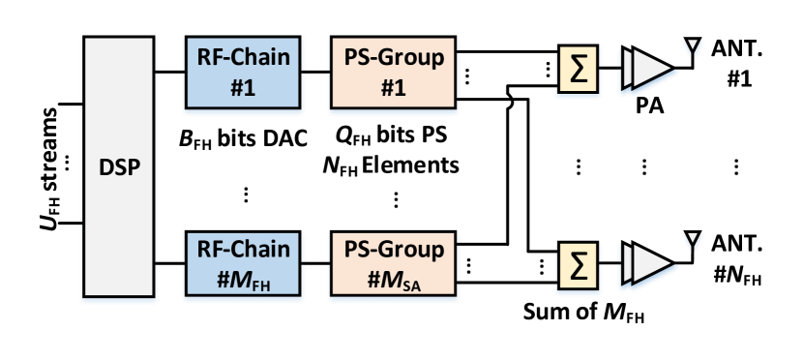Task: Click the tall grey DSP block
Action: coord(119,166)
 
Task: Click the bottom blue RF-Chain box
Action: coord(244,264)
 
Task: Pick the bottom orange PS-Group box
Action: coord(394,264)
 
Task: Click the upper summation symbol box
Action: coord(578,70)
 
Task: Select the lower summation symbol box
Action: coord(578,264)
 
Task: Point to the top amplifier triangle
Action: coord(649,70)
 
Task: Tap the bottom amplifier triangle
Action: coord(649,264)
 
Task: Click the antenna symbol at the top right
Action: coord(693,47)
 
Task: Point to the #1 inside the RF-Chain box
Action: coord(244,87)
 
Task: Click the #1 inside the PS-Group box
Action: coord(394,87)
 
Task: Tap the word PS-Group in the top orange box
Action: coord(394,58)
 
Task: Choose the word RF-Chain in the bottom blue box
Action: coord(244,250)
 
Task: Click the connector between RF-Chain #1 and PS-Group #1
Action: coord(316,70)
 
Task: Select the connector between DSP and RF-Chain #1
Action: coord(168,71)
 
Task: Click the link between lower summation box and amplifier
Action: coord(610,263)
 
